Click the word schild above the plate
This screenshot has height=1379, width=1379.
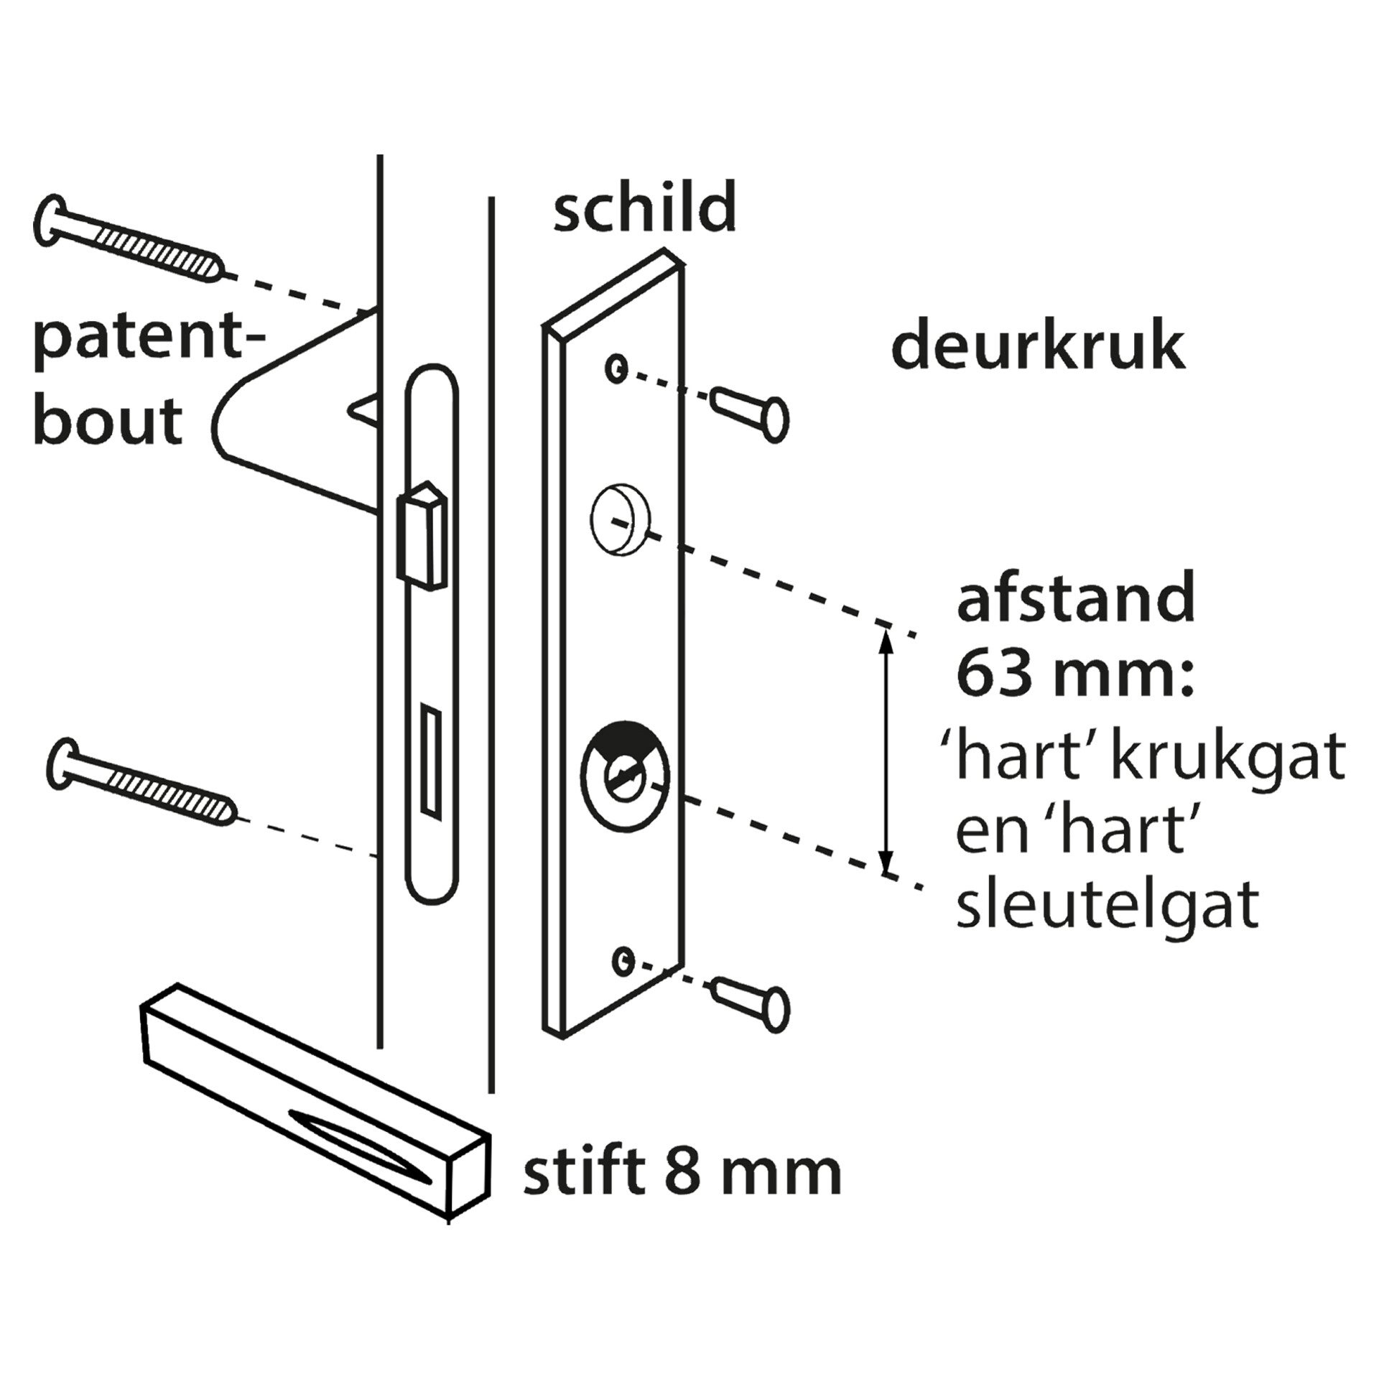644,207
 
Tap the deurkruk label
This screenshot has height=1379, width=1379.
1037,348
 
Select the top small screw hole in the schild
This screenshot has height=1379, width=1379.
615,369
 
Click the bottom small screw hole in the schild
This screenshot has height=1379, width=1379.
623,958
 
